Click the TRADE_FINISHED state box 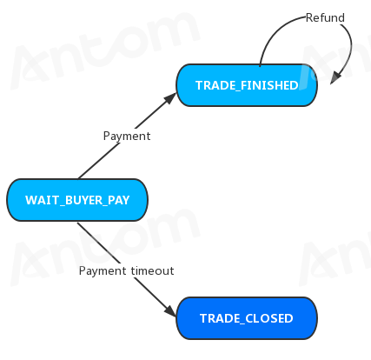click(247, 85)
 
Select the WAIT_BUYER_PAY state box click(77, 200)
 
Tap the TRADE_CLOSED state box click(247, 318)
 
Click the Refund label click(325, 17)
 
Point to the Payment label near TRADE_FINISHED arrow click(127, 136)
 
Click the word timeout click(152, 270)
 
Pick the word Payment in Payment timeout click(103, 271)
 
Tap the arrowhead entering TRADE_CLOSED click(170, 310)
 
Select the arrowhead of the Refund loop click(335, 77)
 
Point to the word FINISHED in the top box click(269, 85)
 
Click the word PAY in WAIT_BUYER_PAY click(119, 200)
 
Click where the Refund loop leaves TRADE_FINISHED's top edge click(260, 65)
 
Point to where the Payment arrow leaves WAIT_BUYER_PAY click(78, 178)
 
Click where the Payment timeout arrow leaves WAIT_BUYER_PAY click(77, 222)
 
